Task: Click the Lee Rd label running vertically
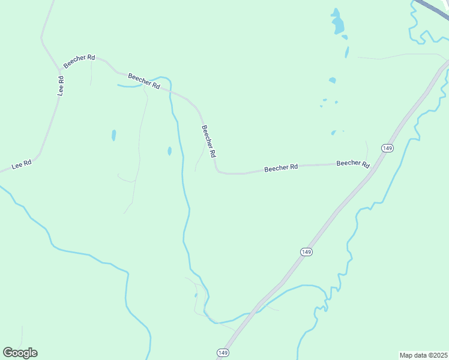click(x=61, y=86)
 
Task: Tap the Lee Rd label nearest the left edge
click(x=21, y=164)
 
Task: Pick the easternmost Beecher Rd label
click(x=353, y=163)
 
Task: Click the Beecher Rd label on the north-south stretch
click(x=208, y=141)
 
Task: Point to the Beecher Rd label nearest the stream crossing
click(x=144, y=82)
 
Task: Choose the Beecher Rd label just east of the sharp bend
click(x=282, y=167)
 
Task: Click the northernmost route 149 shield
click(x=387, y=148)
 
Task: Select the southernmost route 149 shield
click(x=223, y=352)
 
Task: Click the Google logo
click(x=20, y=353)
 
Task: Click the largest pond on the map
click(x=338, y=23)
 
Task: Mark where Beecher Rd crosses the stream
click(x=170, y=91)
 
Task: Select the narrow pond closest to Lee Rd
click(x=113, y=135)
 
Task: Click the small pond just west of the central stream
click(x=169, y=151)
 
